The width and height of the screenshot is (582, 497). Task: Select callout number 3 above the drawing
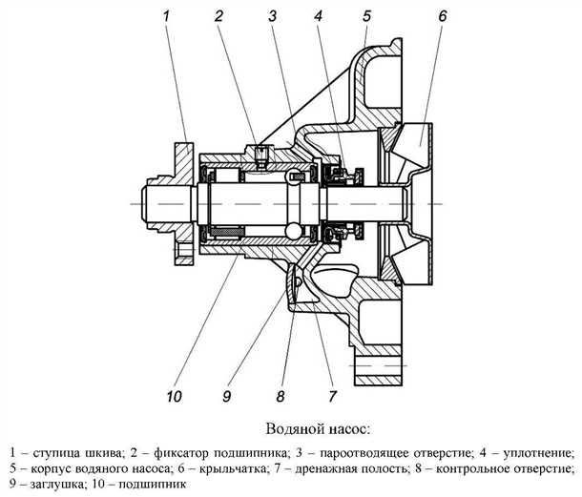(272, 16)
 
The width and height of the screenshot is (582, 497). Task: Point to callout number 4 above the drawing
(318, 16)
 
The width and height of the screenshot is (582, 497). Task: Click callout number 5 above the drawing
(366, 16)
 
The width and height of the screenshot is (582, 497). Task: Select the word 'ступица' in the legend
(54, 450)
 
